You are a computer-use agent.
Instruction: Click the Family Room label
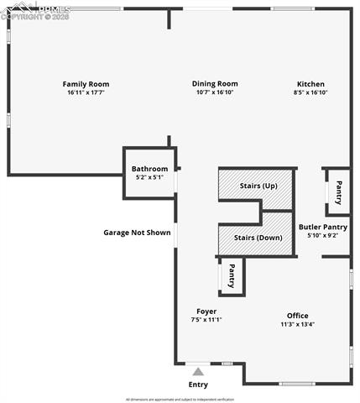[86, 84]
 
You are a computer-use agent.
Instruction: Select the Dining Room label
[215, 84]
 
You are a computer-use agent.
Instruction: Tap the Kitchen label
[310, 84]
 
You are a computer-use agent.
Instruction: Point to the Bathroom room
[149, 173]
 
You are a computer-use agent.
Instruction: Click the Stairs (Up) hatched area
[256, 186]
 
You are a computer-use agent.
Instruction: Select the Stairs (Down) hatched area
[256, 238]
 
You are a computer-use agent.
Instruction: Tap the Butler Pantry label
[322, 228]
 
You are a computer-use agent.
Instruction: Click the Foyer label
[206, 311]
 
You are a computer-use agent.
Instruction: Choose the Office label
[297, 316]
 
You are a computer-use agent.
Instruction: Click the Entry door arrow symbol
[198, 371]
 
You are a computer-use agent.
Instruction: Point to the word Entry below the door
[198, 385]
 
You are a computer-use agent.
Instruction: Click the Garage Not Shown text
[137, 233]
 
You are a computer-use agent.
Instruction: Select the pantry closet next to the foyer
[232, 275]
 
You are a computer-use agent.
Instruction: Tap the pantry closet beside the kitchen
[338, 191]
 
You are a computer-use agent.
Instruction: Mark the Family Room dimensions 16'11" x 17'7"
[86, 93]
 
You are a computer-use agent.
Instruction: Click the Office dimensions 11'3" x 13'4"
[297, 324]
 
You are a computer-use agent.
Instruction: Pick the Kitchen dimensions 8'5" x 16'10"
[310, 93]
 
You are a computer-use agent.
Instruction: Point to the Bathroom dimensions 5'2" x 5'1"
[149, 177]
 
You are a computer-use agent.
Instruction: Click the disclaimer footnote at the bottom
[180, 399]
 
